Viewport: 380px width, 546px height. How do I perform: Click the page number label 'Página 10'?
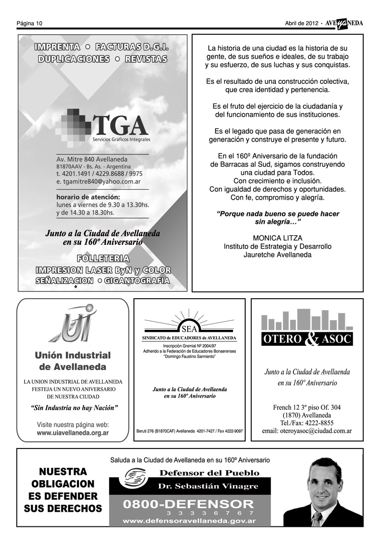tap(29, 23)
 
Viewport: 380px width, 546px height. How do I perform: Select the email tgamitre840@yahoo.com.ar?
tap(98, 181)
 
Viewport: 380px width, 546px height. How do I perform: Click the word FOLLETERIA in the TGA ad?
tap(103, 259)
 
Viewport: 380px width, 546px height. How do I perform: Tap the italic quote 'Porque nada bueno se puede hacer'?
tap(277, 214)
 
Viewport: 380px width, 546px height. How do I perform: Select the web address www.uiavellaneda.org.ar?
tap(73, 433)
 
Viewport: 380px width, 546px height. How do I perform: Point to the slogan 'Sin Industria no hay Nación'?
tap(74, 407)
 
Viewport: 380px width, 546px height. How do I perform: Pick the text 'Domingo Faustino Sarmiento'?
tap(189, 356)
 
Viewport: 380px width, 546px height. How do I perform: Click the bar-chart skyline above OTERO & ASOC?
tap(307, 320)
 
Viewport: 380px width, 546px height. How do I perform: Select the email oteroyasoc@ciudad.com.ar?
tap(307, 431)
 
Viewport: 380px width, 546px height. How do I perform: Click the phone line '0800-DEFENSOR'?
tap(189, 504)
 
